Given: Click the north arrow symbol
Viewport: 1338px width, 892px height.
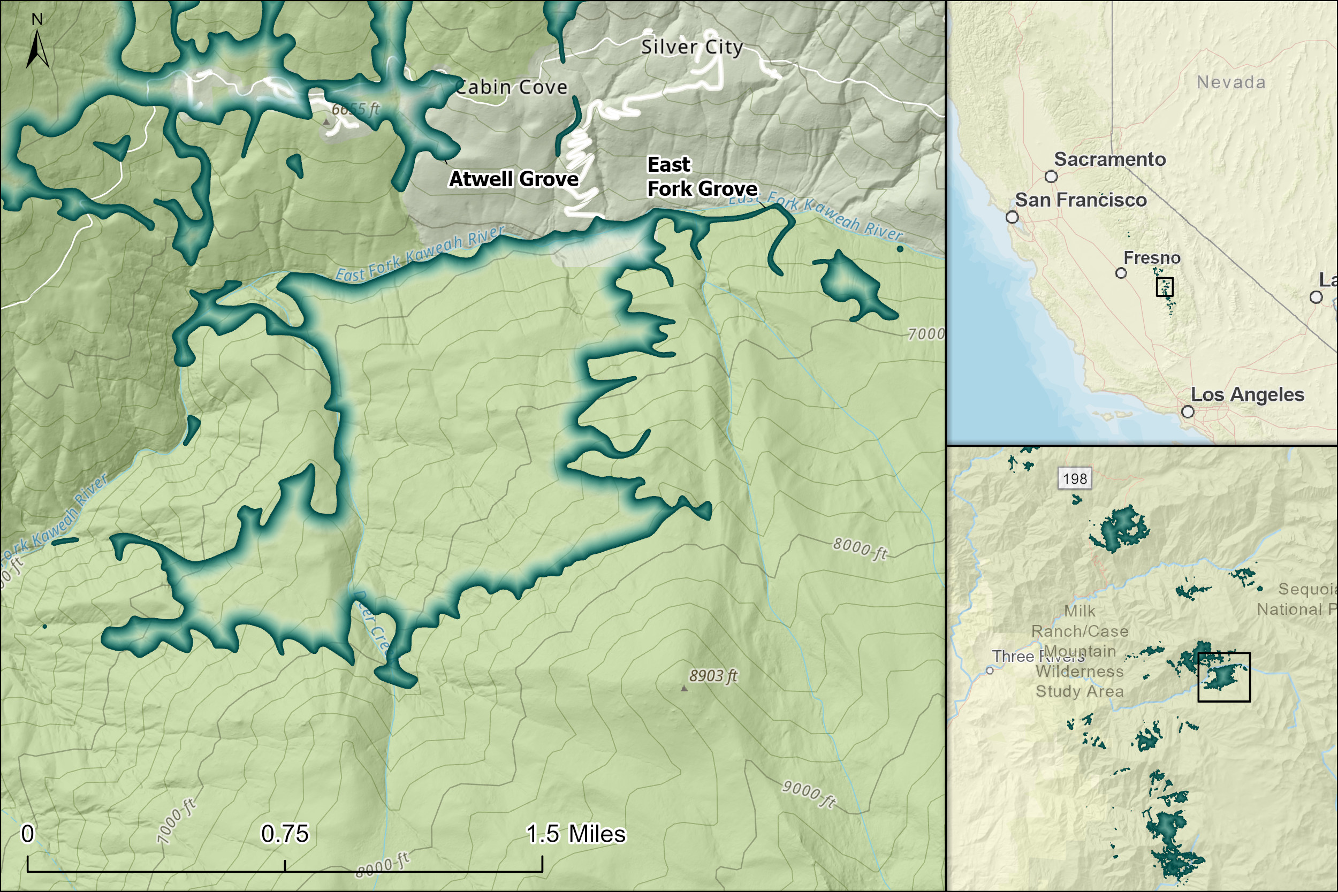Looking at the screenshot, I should point(37,49).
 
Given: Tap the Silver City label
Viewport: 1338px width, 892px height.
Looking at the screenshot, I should point(692,47).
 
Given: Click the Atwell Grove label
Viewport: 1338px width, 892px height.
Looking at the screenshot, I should point(514,179).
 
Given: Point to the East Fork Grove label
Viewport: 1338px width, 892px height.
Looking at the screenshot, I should point(702,177).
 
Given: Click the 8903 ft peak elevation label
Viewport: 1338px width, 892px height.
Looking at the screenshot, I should point(713,676).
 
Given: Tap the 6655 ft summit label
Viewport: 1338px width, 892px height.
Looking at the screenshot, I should point(355,109).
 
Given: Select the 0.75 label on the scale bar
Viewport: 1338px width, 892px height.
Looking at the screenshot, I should point(284,834).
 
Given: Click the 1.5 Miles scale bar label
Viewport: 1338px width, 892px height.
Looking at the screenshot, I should point(575,834).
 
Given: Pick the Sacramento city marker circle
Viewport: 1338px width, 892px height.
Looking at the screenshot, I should point(1051,177).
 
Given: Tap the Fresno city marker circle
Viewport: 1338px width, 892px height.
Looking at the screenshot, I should point(1121,273).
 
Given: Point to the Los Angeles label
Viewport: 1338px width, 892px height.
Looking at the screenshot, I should point(1248,394).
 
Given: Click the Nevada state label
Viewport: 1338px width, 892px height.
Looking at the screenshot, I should point(1231,82).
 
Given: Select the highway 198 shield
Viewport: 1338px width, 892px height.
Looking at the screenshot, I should point(1075,478).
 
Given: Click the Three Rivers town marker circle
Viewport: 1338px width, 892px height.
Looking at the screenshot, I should point(990,670).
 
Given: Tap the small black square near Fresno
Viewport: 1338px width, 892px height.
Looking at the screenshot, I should point(1165,287).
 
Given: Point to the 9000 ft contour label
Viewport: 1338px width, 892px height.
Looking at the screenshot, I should point(808,794).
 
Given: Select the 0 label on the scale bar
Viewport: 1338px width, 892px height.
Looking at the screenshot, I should point(27,834).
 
